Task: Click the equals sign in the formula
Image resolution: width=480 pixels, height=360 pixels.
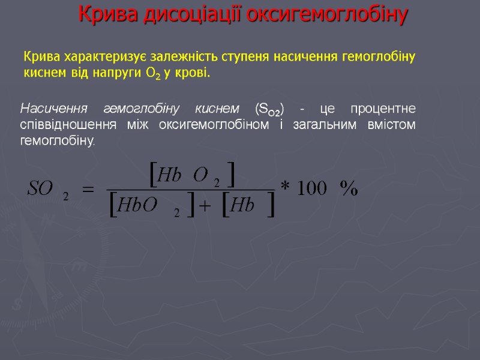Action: coord(88,190)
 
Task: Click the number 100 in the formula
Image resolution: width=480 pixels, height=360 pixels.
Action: coord(312,190)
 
